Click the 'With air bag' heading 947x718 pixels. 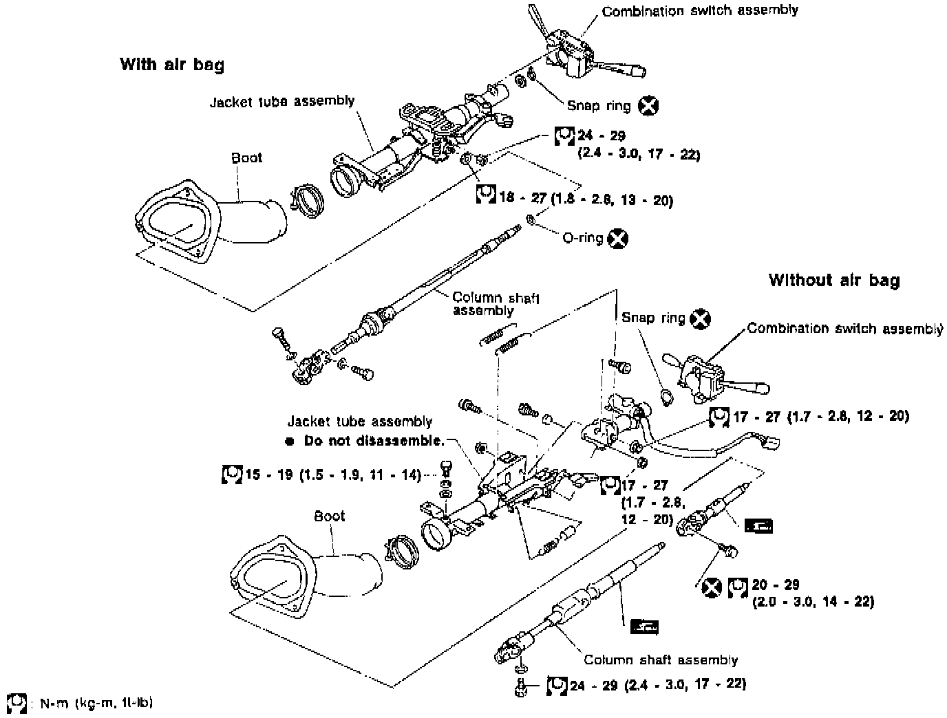(x=172, y=65)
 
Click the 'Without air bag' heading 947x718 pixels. (x=834, y=281)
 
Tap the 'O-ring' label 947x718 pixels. (x=582, y=238)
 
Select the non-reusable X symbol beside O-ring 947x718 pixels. (x=618, y=239)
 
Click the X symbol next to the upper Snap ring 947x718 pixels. (x=648, y=106)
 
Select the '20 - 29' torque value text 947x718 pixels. (x=776, y=585)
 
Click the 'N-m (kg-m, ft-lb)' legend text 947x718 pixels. (x=96, y=704)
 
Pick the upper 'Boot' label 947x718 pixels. (x=246, y=157)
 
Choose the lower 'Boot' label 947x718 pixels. (x=329, y=516)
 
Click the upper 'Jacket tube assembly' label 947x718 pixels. (x=282, y=102)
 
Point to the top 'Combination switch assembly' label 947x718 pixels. (x=700, y=11)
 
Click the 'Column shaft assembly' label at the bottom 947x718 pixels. (x=661, y=660)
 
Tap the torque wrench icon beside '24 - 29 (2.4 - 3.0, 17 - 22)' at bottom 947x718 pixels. (x=557, y=686)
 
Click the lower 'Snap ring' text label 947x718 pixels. (x=653, y=318)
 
